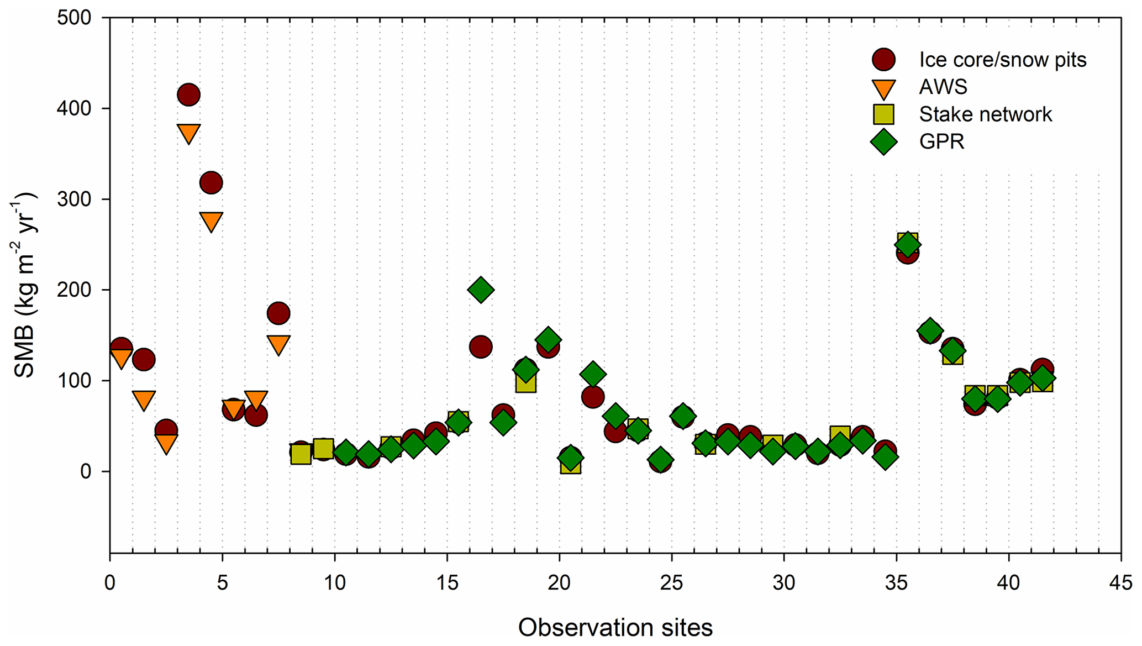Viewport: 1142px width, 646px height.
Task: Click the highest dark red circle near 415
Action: click(x=188, y=95)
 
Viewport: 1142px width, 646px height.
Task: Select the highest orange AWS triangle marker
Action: click(x=188, y=133)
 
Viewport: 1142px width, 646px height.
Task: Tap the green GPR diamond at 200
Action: click(x=481, y=290)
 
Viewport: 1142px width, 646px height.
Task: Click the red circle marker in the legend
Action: click(x=883, y=60)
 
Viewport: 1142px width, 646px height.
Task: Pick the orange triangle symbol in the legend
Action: click(x=883, y=88)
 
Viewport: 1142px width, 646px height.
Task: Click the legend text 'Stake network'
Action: click(x=985, y=114)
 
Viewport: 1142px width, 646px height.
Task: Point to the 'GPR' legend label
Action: click(x=941, y=141)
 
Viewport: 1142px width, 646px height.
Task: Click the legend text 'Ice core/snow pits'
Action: click(x=1002, y=60)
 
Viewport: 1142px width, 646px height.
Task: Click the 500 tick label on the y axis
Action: click(x=74, y=18)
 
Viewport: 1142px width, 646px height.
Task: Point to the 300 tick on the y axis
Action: click(x=74, y=199)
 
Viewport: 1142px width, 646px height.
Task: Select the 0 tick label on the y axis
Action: click(x=85, y=471)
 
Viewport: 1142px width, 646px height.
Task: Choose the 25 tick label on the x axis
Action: click(x=671, y=583)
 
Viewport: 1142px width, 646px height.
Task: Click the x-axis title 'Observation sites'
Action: click(x=615, y=628)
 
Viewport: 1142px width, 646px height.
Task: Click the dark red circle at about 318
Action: click(x=211, y=182)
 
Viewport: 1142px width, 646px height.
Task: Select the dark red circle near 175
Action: click(x=278, y=313)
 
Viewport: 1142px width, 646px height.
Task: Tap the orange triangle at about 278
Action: click(x=211, y=221)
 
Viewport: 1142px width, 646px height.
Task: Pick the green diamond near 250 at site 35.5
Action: click(x=907, y=245)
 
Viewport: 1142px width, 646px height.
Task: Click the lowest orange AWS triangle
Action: click(x=166, y=443)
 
